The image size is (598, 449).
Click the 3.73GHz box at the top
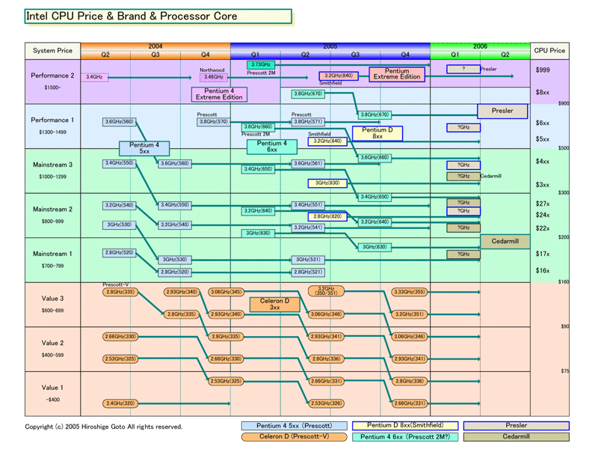(262, 65)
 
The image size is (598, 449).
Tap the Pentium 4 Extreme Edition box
(219, 94)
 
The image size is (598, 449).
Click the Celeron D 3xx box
(274, 304)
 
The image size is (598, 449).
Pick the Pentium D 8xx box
(377, 133)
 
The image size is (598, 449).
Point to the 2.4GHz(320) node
(119, 403)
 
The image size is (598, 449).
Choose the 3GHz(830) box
(327, 183)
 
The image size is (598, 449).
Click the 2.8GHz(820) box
(327, 216)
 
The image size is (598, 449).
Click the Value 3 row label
(52, 299)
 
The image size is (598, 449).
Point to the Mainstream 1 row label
(52, 254)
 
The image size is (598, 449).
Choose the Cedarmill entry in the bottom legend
(517, 437)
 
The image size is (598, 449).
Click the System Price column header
(52, 51)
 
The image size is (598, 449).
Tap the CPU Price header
(549, 51)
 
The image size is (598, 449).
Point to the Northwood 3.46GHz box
(214, 76)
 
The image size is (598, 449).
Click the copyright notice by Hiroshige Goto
(103, 427)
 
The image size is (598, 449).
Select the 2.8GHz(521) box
(308, 272)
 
